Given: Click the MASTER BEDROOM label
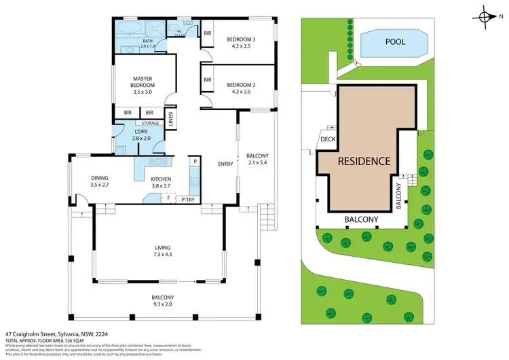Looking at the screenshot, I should click(143, 82).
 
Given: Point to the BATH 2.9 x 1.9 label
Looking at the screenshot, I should click(148, 44).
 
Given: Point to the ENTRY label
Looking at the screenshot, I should click(224, 164).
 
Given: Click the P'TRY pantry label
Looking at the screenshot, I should click(187, 200).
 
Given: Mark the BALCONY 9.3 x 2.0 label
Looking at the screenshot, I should click(163, 301).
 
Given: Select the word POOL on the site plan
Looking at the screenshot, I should click(394, 42).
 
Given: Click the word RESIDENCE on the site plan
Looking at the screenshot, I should click(365, 161).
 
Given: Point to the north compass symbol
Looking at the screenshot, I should click(487, 18).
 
